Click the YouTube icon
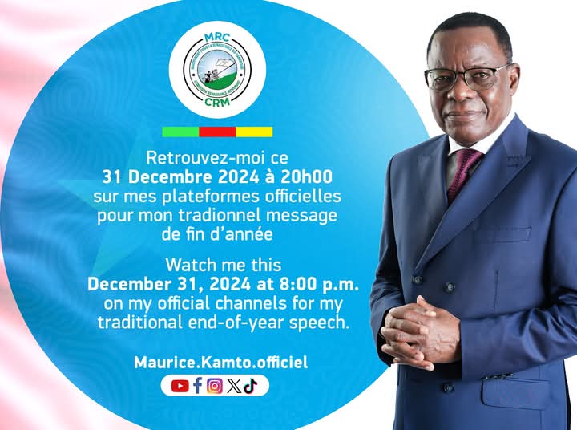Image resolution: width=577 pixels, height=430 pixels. (x=180, y=386)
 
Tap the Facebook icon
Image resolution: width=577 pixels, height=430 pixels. (x=197, y=386)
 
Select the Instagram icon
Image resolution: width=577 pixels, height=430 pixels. (x=214, y=386)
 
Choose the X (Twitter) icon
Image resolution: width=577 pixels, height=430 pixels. (x=233, y=386)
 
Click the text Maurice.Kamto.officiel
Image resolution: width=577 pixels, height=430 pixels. (x=220, y=363)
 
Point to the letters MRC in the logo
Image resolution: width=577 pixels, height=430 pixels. (x=218, y=38)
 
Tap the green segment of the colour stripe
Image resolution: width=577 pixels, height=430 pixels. (x=180, y=132)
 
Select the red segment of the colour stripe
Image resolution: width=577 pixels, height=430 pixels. (x=217, y=132)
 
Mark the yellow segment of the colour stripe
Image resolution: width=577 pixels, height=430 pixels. (x=254, y=132)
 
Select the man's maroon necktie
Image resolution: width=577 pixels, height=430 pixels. (x=464, y=173)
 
